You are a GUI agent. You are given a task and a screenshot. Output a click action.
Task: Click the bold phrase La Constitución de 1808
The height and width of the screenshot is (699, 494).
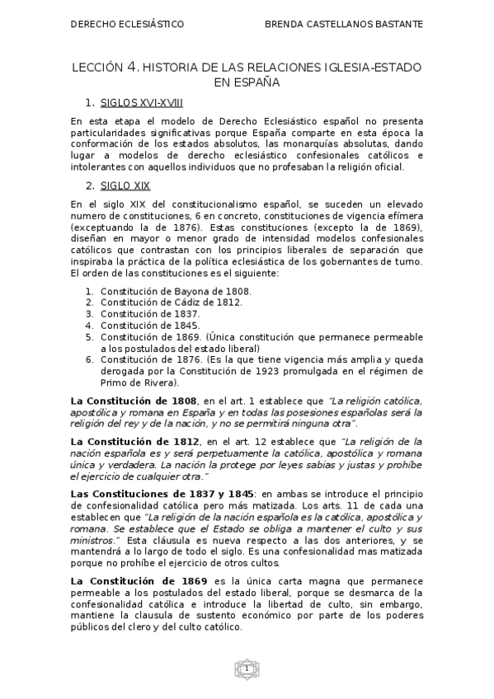134,400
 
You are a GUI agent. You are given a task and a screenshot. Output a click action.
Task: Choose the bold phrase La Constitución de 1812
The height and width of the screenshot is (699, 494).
134,442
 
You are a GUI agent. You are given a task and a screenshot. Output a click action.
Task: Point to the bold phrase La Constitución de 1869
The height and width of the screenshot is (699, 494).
134,580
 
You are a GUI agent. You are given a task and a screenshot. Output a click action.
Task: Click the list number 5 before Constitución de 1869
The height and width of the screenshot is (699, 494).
89,337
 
